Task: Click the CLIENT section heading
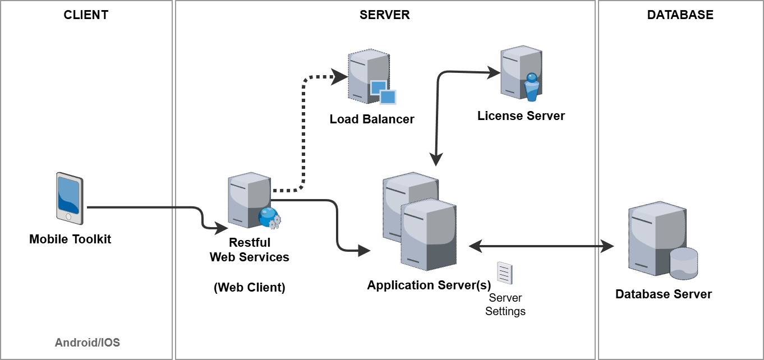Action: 86,15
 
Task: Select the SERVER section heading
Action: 384,15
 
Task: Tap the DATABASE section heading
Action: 680,15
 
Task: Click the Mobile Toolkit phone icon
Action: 70,197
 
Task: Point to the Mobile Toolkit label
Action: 70,239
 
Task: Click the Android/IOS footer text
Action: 88,342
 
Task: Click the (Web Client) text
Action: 250,288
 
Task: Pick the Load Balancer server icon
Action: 368,76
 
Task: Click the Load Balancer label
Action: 372,119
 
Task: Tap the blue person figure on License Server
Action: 531,87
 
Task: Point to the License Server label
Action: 521,116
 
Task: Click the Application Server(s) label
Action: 429,285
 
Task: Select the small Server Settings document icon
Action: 505,273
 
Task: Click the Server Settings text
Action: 505,304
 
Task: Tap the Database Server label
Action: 664,294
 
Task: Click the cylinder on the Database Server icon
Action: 684,262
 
